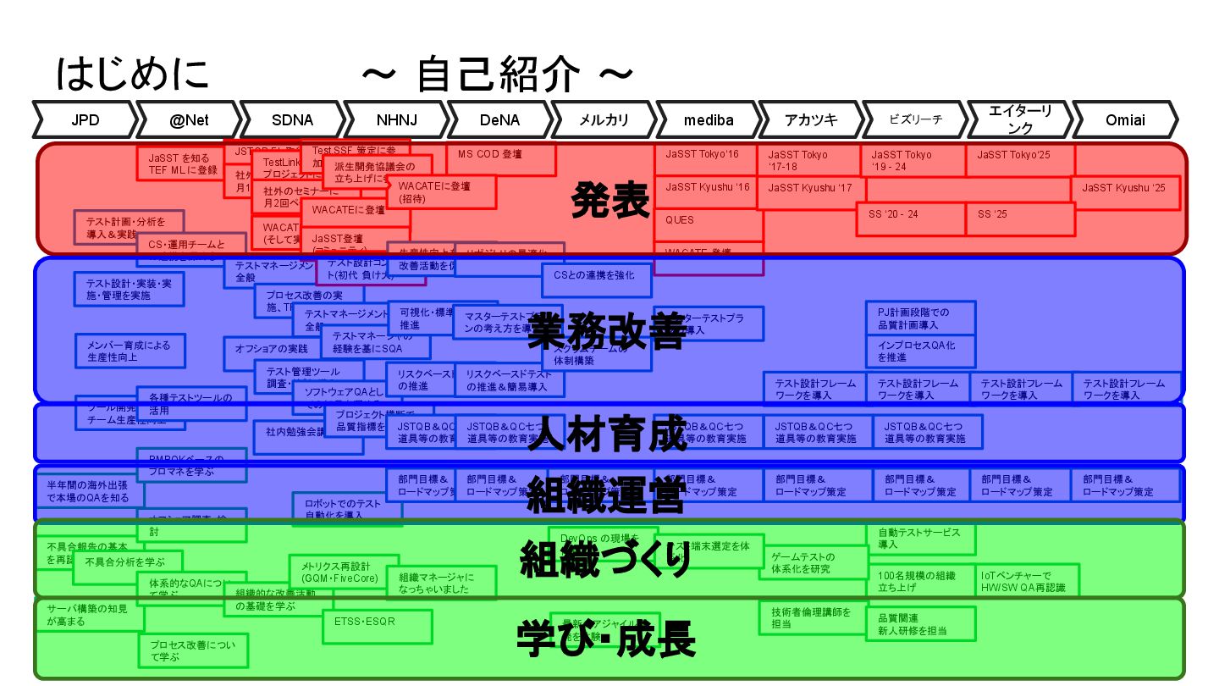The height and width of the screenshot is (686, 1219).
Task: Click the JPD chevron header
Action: [x=85, y=120]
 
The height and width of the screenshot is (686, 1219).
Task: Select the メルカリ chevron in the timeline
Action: [x=604, y=120]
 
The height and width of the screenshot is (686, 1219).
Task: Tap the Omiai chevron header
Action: [x=1125, y=120]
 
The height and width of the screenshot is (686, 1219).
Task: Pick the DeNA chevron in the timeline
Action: [x=499, y=120]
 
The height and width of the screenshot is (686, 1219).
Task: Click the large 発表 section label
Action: [x=610, y=200]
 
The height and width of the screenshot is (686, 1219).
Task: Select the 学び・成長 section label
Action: [x=606, y=639]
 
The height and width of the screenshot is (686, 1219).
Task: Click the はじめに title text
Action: [x=132, y=74]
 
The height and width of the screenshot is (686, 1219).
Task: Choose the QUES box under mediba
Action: [x=708, y=220]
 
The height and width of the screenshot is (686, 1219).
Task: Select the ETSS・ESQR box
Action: [x=377, y=626]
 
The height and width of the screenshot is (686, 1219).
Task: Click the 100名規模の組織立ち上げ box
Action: [x=920, y=582]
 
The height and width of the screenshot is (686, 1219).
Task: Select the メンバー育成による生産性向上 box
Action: [x=129, y=351]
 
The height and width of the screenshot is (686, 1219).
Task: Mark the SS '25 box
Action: [x=1019, y=219]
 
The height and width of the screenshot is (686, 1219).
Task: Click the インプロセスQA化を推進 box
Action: [x=920, y=351]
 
